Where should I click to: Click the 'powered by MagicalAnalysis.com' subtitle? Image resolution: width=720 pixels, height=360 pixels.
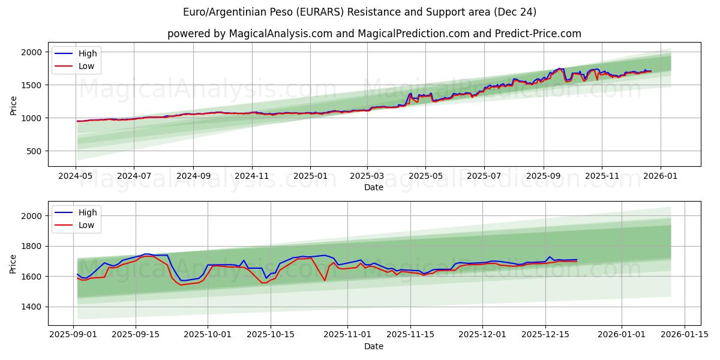click(x=374, y=34)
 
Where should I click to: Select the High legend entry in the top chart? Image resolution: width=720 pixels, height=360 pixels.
click(x=87, y=54)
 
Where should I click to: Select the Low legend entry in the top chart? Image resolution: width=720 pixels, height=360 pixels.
click(x=86, y=66)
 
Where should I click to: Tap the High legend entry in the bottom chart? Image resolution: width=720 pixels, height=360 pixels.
click(x=87, y=213)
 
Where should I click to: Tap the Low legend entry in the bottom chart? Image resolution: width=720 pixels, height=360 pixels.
click(x=86, y=225)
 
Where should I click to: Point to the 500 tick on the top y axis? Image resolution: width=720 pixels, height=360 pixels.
click(x=34, y=151)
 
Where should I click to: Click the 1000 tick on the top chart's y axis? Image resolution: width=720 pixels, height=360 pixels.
click(x=32, y=118)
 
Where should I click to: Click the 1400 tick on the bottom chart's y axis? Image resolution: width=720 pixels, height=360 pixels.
click(x=32, y=307)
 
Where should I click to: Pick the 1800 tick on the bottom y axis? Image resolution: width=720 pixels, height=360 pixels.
click(x=32, y=246)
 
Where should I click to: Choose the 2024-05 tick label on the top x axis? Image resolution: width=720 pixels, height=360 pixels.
click(x=76, y=176)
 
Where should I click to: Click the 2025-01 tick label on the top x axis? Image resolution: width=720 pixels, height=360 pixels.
click(x=310, y=176)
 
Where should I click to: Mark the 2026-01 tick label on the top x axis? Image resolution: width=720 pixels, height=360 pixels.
click(x=661, y=176)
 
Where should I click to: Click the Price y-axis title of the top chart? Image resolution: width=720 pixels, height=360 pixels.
click(x=13, y=106)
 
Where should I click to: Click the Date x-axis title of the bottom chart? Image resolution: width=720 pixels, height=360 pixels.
click(x=374, y=346)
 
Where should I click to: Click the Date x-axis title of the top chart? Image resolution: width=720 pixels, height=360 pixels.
click(x=374, y=187)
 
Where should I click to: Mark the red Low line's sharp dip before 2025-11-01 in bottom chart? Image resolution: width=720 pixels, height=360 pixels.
click(x=325, y=280)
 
